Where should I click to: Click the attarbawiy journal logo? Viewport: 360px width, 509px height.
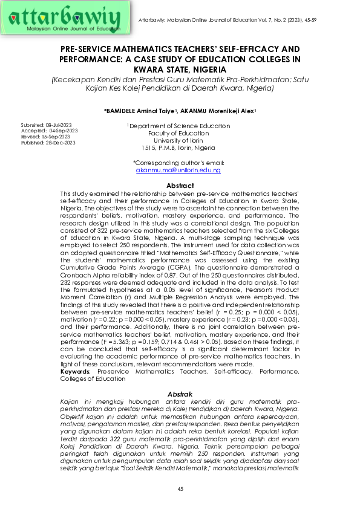(68, 18)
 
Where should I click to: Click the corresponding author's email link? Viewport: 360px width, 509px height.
(178, 171)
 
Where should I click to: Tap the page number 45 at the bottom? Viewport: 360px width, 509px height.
(180, 488)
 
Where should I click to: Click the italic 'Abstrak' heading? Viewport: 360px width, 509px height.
(180, 394)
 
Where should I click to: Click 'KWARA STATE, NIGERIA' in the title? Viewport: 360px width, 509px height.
(180, 69)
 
